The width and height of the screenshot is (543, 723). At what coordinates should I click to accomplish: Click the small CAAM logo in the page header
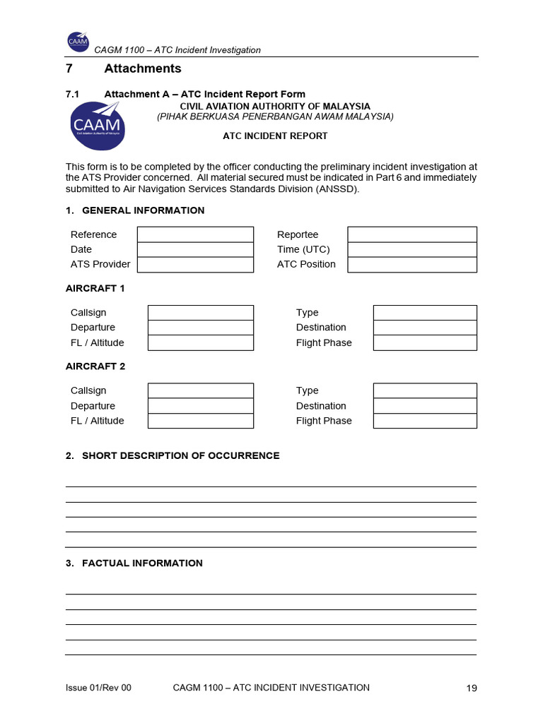pyautogui.click(x=78, y=43)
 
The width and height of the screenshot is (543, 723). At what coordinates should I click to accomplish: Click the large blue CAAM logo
pyautogui.click(x=97, y=126)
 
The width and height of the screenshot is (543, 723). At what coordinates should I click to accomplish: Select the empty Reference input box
pyautogui.click(x=195, y=234)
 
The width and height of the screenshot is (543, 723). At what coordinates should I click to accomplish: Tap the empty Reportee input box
pyautogui.click(x=412, y=234)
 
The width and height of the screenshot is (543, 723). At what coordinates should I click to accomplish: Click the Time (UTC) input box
pyautogui.click(x=412, y=249)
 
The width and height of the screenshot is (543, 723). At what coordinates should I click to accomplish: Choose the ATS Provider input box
pyautogui.click(x=195, y=264)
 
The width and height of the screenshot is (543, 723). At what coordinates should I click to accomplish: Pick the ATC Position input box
pyautogui.click(x=412, y=264)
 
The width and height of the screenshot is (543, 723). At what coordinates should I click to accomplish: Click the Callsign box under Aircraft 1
pyautogui.click(x=200, y=313)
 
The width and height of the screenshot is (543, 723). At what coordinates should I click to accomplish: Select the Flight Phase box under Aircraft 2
pyautogui.click(x=425, y=421)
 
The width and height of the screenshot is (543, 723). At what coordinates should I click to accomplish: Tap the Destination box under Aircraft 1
pyautogui.click(x=425, y=328)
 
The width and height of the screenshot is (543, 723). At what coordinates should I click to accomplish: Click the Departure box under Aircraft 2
pyautogui.click(x=200, y=406)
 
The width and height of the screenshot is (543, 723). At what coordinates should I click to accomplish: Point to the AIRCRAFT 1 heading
pyautogui.click(x=95, y=288)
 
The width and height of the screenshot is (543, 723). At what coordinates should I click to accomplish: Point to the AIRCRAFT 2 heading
pyautogui.click(x=95, y=366)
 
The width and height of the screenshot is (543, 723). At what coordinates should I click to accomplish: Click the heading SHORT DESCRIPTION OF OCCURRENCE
pyautogui.click(x=180, y=455)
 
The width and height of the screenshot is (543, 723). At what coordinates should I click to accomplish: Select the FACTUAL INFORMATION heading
pyautogui.click(x=142, y=563)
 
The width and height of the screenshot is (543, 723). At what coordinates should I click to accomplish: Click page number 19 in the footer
pyautogui.click(x=472, y=688)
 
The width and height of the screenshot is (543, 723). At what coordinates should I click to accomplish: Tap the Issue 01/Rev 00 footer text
pyautogui.click(x=98, y=688)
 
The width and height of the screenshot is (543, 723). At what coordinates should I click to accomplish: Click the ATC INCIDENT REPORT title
pyautogui.click(x=275, y=136)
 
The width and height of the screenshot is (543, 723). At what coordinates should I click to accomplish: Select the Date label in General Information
pyautogui.click(x=81, y=249)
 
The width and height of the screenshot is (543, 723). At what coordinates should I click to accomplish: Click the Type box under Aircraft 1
pyautogui.click(x=425, y=313)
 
